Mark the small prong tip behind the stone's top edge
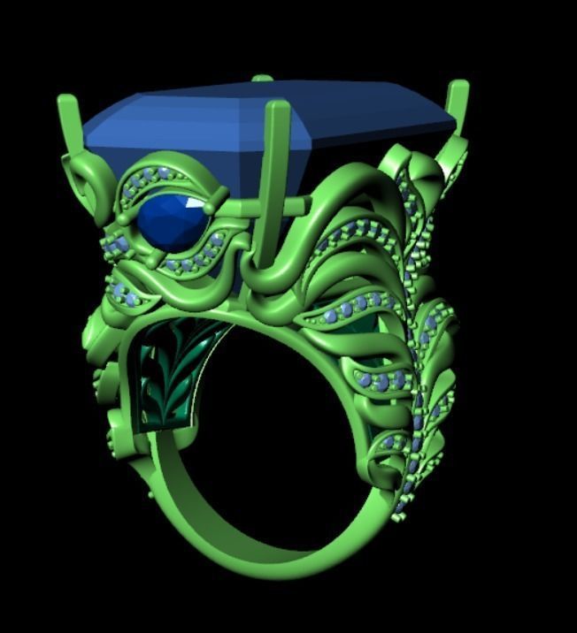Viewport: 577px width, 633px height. [x=262, y=79]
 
